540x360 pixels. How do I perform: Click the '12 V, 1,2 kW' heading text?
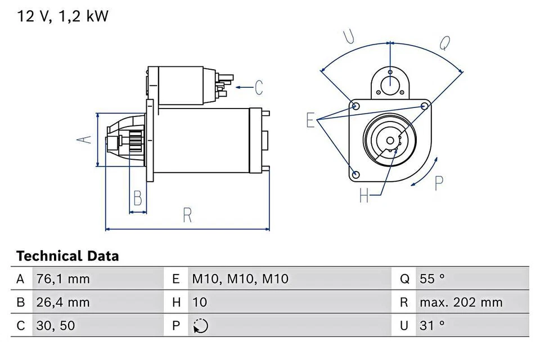(62, 16)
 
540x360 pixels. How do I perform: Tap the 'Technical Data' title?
(67, 256)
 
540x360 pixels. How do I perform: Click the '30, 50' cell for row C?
(55, 326)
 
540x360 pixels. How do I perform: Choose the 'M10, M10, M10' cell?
(240, 278)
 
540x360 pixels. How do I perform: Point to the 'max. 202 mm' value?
(461, 302)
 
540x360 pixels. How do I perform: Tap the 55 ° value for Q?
(432, 278)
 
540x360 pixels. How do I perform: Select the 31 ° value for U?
(432, 326)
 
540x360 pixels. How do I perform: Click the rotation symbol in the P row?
(200, 326)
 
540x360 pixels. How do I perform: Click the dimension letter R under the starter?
(188, 215)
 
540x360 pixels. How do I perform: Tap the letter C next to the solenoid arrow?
(258, 88)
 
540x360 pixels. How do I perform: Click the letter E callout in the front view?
(311, 120)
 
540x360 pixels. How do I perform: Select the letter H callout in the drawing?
(364, 195)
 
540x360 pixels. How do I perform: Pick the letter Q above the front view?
(444, 43)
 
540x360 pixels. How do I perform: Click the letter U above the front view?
(349, 37)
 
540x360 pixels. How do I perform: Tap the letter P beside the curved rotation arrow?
(439, 183)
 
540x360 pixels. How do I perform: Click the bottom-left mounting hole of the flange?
(354, 174)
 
